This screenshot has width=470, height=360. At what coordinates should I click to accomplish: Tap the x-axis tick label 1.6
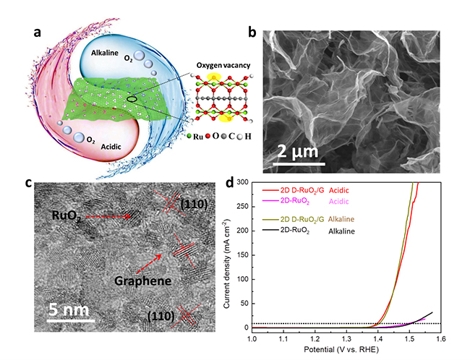click(438, 338)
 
